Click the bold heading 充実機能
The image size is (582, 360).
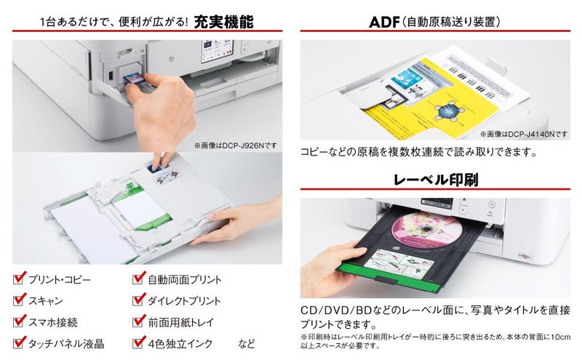point(224,22)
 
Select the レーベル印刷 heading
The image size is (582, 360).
point(435,178)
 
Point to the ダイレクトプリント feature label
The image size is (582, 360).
point(185,300)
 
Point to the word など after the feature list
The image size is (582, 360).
point(247,343)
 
